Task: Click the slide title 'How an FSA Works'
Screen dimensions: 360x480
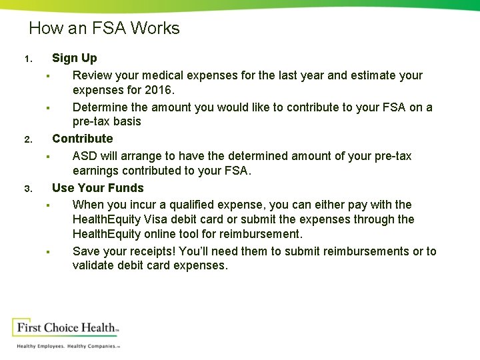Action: click(104, 29)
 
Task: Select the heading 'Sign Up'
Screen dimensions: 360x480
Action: click(74, 59)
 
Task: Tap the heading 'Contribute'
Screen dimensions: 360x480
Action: click(82, 139)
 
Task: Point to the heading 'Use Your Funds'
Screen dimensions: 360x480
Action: click(97, 188)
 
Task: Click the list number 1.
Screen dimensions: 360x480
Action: click(27, 59)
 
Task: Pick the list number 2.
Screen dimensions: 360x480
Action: click(27, 140)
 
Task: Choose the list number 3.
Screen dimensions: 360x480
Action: click(27, 189)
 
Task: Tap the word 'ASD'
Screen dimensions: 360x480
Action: click(85, 156)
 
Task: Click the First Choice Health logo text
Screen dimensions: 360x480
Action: click(67, 328)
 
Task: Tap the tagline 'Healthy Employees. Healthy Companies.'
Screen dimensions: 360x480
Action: click(67, 347)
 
